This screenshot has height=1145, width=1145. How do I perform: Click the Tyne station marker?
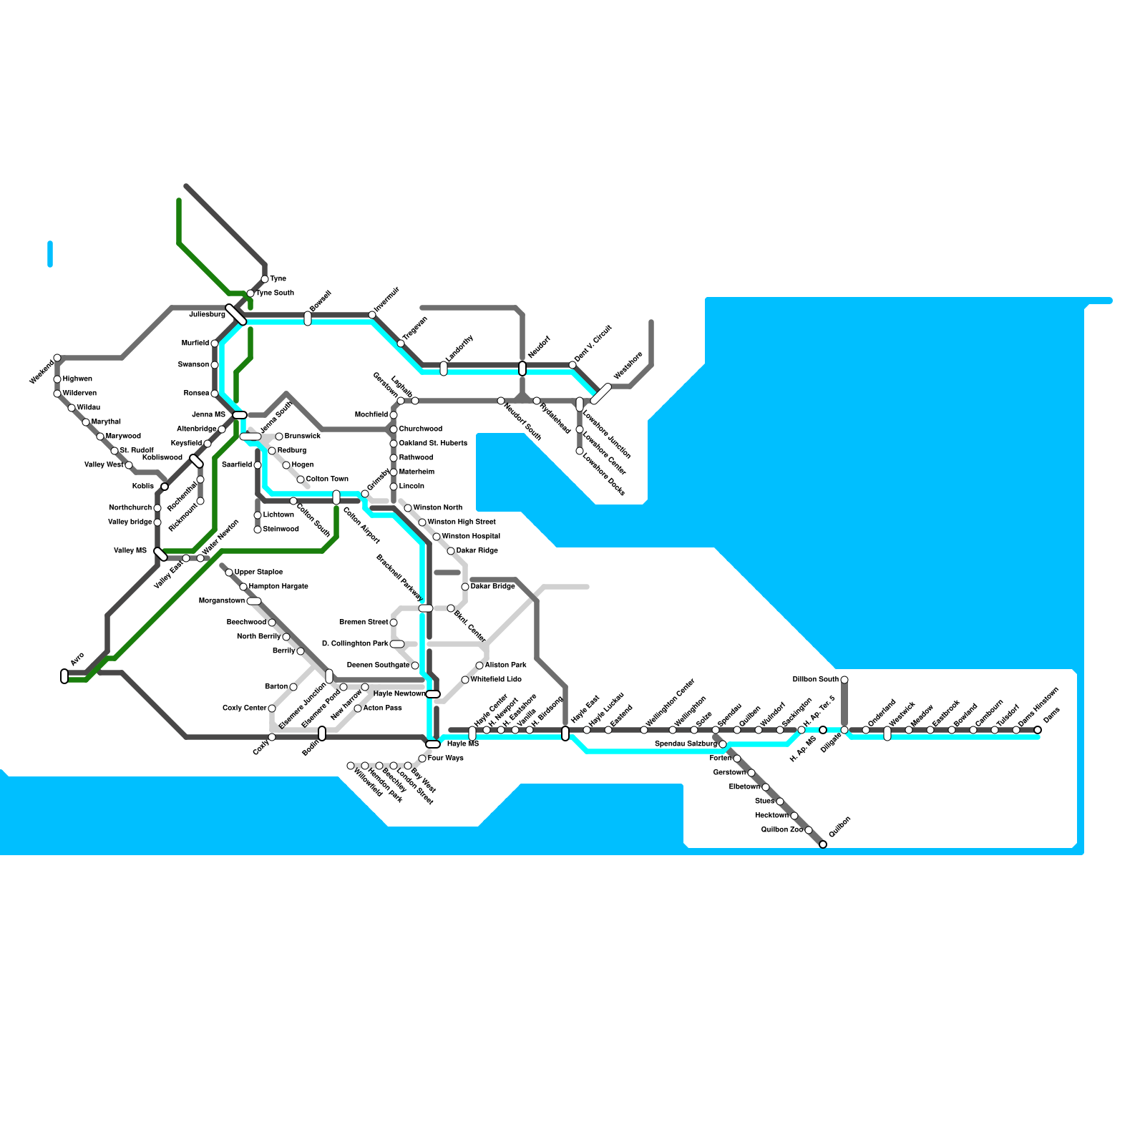point(265,279)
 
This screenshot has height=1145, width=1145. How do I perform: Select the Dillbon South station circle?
point(844,680)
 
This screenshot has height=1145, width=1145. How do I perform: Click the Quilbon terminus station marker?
point(823,844)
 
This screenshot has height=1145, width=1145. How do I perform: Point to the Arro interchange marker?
point(64,676)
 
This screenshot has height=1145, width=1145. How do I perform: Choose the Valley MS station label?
point(130,551)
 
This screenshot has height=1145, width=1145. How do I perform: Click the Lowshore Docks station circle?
point(580,451)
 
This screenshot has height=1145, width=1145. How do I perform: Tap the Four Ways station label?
point(445,759)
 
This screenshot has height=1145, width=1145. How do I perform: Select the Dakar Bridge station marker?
point(465,587)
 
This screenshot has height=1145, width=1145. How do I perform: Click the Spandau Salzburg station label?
point(685,744)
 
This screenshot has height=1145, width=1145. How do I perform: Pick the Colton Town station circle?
point(301,479)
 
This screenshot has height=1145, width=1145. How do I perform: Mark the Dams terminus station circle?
point(1038,730)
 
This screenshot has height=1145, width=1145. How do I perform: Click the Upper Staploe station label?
point(258,572)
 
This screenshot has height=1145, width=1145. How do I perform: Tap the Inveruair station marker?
point(372,315)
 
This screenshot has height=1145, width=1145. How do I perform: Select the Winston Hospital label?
point(471,537)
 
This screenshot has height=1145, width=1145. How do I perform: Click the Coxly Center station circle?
point(272,708)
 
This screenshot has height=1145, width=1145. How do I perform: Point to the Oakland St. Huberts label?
point(432,444)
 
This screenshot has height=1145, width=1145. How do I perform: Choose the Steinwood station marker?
point(258,530)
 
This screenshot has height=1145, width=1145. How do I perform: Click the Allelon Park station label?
point(505,666)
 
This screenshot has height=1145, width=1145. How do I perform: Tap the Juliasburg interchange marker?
point(236,314)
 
